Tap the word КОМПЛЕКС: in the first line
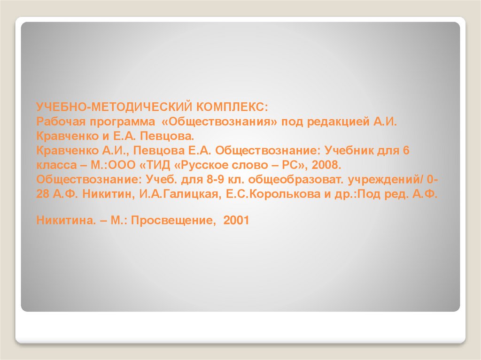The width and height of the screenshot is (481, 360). point(231,107)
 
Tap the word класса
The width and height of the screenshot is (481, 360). point(54,166)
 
